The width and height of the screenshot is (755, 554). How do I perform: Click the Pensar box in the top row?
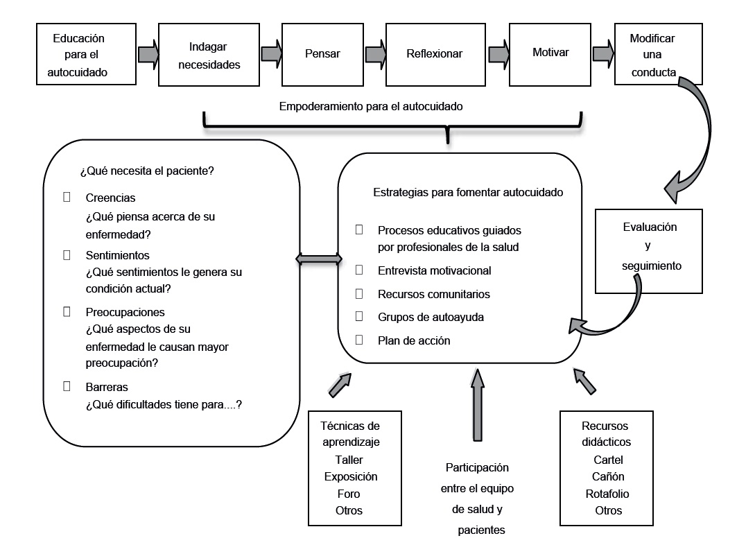(x=323, y=53)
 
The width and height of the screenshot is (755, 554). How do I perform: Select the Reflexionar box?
(x=434, y=53)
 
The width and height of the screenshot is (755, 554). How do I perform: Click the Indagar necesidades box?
(x=214, y=56)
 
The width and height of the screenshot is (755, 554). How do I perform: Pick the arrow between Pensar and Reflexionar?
(x=375, y=53)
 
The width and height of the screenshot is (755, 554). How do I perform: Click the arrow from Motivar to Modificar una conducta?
(x=603, y=53)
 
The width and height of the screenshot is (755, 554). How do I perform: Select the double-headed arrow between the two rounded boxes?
(x=319, y=259)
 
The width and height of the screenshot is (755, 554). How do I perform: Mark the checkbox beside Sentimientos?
(x=67, y=254)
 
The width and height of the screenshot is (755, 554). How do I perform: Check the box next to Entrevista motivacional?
(x=359, y=269)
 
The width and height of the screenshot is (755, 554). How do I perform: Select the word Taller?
(x=349, y=460)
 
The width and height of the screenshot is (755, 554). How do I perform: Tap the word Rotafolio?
(x=607, y=494)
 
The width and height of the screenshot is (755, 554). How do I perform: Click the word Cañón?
(x=608, y=476)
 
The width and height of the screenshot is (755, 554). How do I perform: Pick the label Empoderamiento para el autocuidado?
(x=370, y=107)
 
